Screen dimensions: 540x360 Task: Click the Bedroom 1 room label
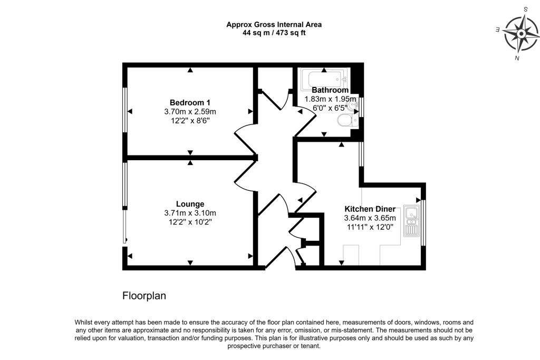point(190,103)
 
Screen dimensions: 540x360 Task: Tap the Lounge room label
point(190,204)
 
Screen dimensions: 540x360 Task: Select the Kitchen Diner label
point(370,209)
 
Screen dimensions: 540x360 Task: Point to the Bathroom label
point(330,90)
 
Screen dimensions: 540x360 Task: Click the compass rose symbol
point(520,34)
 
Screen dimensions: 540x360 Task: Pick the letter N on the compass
point(517,58)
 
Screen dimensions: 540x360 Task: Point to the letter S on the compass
point(526,9)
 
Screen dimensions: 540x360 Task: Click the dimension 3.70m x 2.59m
point(190,112)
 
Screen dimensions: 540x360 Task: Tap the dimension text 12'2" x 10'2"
point(190,222)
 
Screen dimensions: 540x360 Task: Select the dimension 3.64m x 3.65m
point(370,218)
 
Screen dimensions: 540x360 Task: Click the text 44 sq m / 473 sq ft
point(274,33)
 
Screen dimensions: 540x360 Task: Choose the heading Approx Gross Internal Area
point(274,25)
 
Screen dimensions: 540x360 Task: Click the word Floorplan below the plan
point(144,296)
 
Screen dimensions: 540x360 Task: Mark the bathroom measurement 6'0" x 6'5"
point(330,108)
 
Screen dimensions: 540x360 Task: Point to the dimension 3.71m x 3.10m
point(190,213)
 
